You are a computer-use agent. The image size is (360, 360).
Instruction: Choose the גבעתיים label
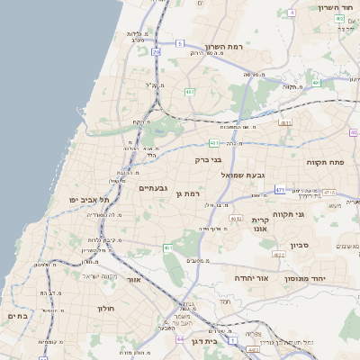[155, 187]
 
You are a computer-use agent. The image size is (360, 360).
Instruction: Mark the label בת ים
[18, 316]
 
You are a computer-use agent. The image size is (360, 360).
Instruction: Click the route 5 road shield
[180, 43]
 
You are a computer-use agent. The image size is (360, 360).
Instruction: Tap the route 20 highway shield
[156, 52]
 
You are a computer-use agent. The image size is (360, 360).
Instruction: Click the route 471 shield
[280, 190]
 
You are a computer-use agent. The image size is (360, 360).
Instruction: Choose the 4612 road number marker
[237, 218]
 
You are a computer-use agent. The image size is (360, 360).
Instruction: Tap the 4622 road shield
[279, 255]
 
